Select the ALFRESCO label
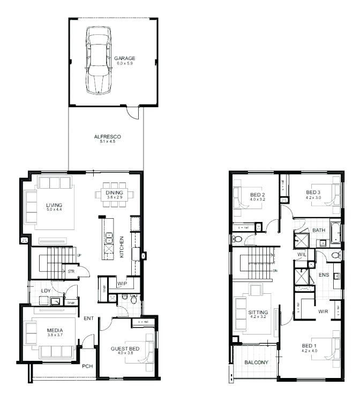(104, 137)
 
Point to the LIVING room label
(54, 205)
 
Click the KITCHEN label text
(122, 247)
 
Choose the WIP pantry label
(122, 283)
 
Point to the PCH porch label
(87, 367)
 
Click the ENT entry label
(89, 318)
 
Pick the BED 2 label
(257, 194)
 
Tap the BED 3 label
(313, 192)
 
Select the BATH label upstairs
(319, 231)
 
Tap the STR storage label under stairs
(71, 272)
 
